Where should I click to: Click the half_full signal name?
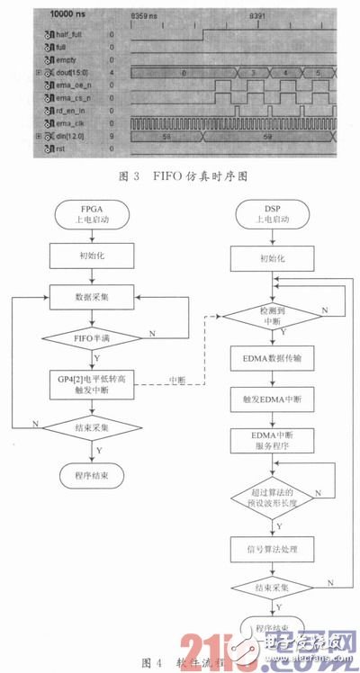(69, 33)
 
